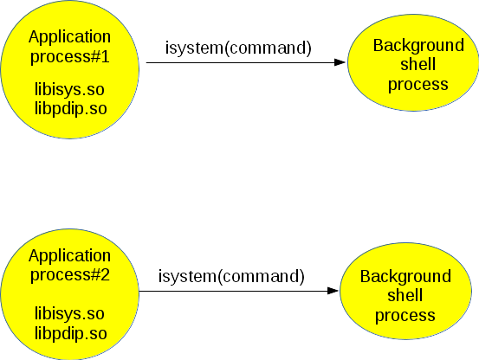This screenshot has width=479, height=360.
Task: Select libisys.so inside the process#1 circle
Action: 69,88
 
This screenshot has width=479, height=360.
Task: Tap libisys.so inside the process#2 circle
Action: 69,313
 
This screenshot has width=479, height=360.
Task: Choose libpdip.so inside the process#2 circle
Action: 69,332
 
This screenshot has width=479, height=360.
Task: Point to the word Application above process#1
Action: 69,36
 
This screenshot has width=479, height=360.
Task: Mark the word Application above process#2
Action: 69,256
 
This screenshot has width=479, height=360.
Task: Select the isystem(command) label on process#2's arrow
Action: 231,277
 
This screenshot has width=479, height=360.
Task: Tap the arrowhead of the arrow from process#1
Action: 341,62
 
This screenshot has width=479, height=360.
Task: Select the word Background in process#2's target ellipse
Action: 405,277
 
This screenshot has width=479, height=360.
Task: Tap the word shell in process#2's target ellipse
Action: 405,296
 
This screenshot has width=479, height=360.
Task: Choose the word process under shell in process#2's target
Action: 405,315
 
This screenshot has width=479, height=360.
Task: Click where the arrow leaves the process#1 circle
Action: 140,62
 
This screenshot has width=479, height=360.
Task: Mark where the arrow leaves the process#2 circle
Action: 139,291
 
